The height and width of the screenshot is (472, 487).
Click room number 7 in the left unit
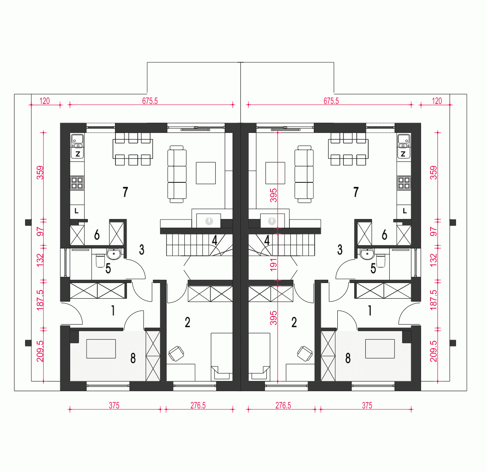(x=125, y=192)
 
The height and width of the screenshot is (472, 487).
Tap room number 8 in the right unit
(x=348, y=358)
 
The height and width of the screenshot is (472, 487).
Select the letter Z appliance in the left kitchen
(x=77, y=154)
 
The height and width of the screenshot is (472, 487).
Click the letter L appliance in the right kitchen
(x=404, y=211)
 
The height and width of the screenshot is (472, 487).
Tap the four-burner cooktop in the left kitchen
(x=77, y=183)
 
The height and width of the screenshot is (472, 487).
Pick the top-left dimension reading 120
(x=45, y=101)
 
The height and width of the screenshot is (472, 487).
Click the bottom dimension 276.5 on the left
(x=198, y=406)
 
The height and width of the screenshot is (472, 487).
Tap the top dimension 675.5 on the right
(x=331, y=101)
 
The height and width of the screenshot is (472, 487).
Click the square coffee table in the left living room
(x=206, y=173)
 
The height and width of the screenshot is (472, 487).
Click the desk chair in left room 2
(x=176, y=353)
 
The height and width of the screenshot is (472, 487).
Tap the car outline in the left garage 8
(x=101, y=349)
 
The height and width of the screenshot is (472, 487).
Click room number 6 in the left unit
(x=97, y=235)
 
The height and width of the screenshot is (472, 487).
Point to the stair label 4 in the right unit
(x=267, y=240)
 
